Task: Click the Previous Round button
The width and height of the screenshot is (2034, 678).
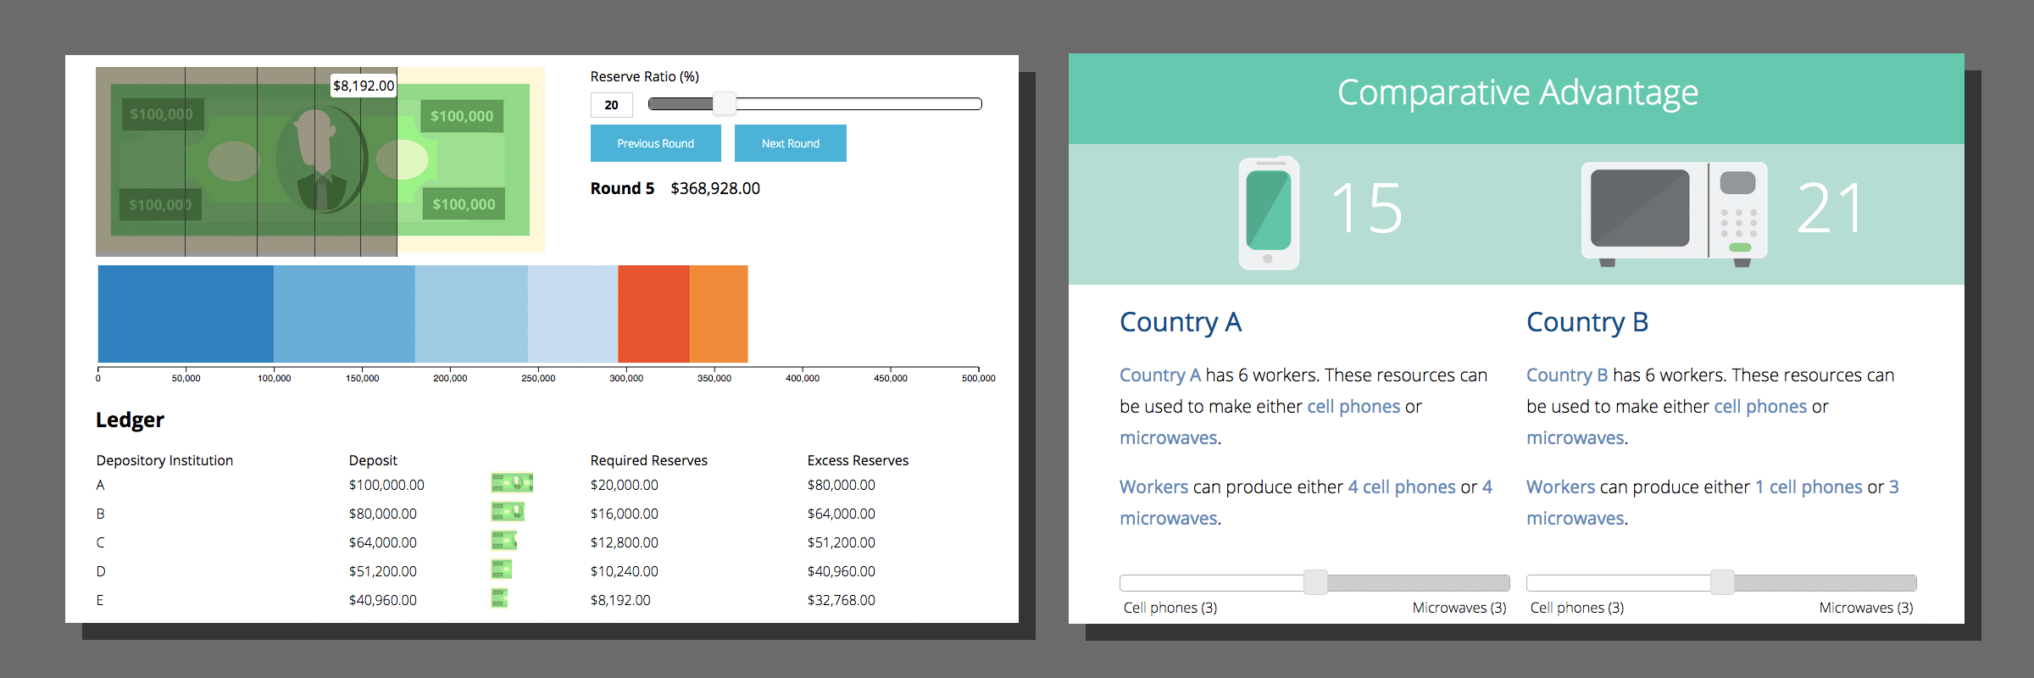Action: (x=655, y=143)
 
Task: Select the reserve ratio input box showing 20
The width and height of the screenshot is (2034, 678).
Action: (x=612, y=105)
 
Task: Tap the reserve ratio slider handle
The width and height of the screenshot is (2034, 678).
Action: (x=725, y=104)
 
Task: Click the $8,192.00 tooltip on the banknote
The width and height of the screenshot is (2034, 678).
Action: (x=364, y=86)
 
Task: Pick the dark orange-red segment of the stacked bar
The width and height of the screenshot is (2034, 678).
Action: (x=653, y=314)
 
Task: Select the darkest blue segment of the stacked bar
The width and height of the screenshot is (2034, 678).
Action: (x=186, y=314)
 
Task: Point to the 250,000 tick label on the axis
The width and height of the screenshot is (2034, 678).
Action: (x=538, y=378)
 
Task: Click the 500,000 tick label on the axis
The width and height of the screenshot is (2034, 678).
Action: (x=978, y=378)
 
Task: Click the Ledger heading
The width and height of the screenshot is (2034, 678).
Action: (x=130, y=420)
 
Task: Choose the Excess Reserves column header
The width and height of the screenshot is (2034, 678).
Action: (x=858, y=460)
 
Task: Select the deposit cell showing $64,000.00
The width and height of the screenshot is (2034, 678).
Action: (x=383, y=542)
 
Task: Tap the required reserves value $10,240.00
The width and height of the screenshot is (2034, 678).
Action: (x=625, y=571)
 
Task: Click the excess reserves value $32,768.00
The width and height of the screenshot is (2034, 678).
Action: (x=842, y=600)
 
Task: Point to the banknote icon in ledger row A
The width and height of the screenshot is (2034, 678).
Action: (x=512, y=483)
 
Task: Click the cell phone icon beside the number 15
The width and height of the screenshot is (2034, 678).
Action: (x=1269, y=213)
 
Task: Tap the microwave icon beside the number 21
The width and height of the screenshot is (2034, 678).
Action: (x=1675, y=213)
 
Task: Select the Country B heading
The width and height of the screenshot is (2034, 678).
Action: (x=1587, y=322)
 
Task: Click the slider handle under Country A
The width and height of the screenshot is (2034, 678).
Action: (x=1315, y=582)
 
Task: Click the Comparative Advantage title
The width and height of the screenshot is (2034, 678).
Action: (x=1518, y=92)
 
